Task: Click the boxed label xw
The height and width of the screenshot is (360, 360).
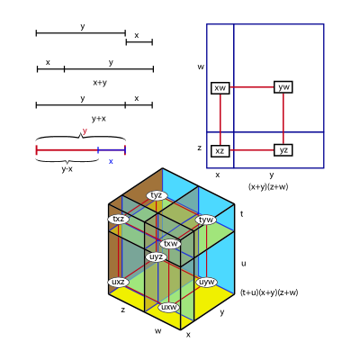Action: coord(220,88)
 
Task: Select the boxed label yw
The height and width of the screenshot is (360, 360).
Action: coord(283,87)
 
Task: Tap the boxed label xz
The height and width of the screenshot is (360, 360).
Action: coord(220,151)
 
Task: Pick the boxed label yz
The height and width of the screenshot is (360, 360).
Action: coord(283,150)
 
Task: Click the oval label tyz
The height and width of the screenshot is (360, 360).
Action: coord(157,195)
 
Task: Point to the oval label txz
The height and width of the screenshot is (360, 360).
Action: coord(119,219)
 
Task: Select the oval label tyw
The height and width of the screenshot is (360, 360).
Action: coord(206,220)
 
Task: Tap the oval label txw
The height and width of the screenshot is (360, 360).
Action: coord(170,244)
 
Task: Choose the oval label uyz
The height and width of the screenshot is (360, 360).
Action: coord(157,257)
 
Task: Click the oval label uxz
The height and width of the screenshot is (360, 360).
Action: coord(119,282)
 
